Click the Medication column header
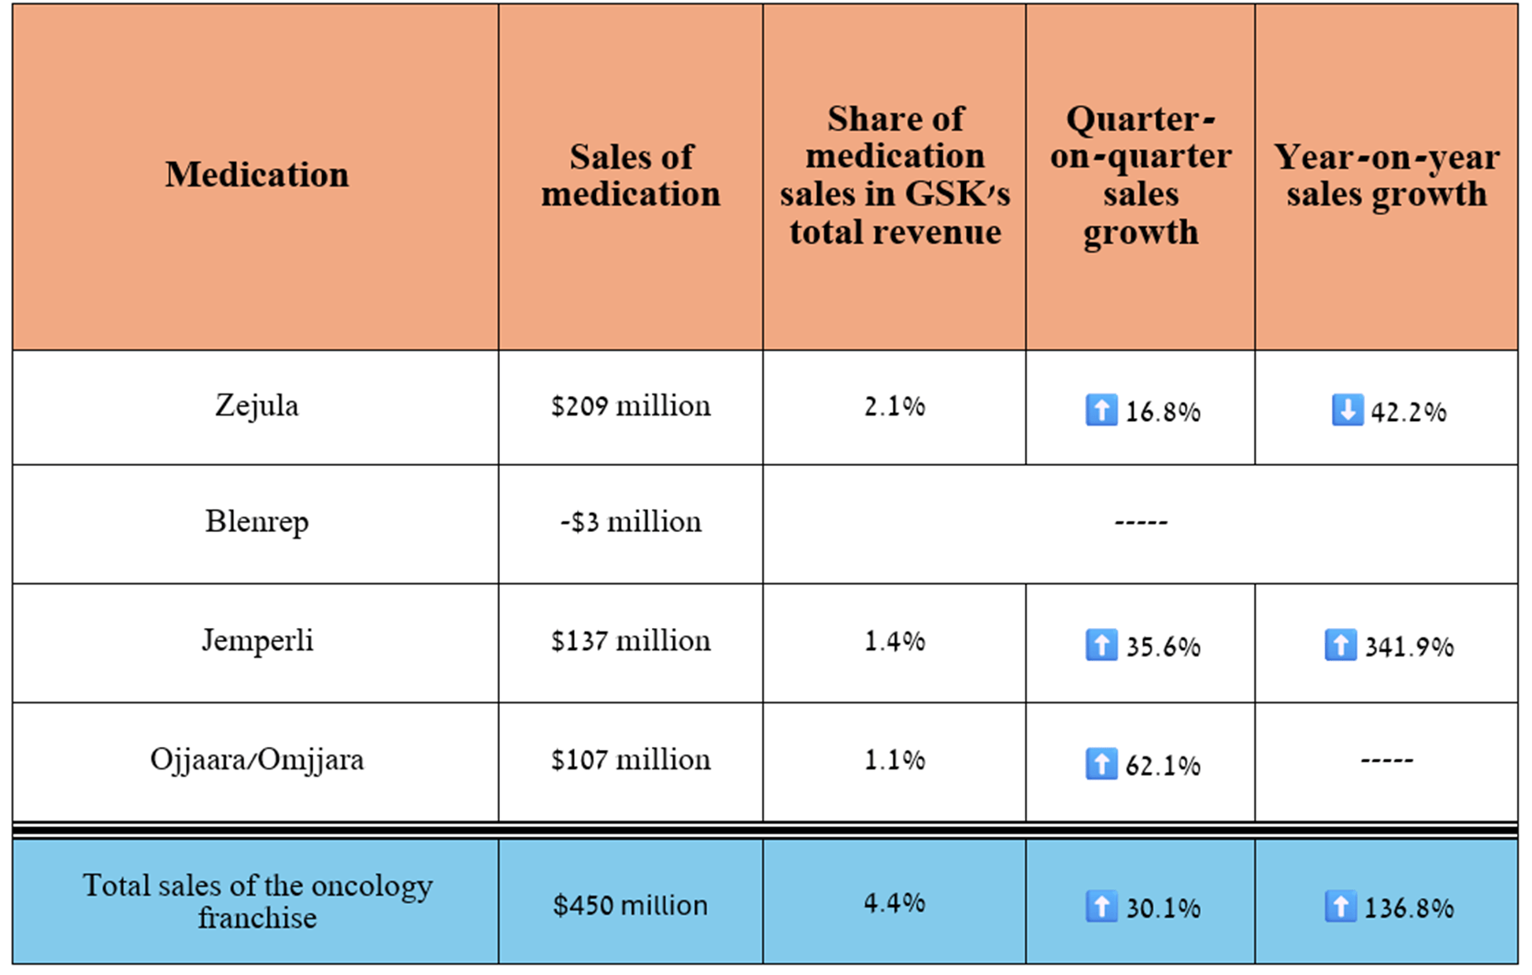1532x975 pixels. click(257, 174)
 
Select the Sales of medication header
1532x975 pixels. click(631, 175)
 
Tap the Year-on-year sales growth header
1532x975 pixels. click(1386, 175)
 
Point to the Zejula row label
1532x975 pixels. click(257, 406)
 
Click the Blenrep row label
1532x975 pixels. click(257, 522)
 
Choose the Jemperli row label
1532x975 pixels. click(257, 641)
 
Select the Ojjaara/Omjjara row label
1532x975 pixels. click(257, 759)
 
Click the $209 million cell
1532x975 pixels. click(631, 406)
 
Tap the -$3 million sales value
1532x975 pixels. click(631, 522)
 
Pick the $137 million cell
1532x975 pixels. click(631, 641)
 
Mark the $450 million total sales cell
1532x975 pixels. click(631, 905)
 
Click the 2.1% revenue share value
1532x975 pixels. click(894, 406)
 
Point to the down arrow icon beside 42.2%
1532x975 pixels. click(1347, 410)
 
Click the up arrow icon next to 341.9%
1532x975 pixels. click(1340, 645)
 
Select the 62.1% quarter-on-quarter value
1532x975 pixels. click(1163, 766)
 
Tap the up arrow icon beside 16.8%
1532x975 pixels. click(1101, 410)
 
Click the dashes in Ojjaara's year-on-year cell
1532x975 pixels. click(1386, 760)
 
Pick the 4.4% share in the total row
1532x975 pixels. click(894, 903)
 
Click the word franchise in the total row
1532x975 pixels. click(257, 918)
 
